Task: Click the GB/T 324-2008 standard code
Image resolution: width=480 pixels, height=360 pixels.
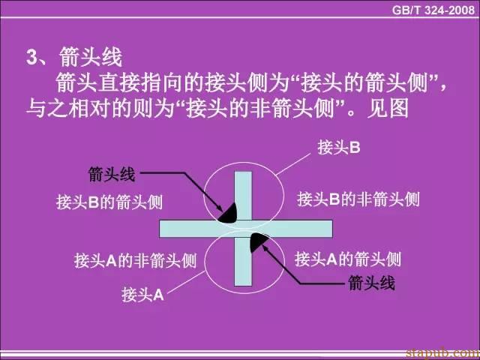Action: (433, 10)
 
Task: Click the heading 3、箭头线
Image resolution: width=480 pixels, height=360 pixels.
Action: (74, 57)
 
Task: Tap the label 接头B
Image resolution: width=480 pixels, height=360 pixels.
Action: (339, 148)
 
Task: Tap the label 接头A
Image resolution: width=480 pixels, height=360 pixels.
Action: (142, 295)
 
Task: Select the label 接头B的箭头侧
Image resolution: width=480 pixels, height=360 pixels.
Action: (109, 202)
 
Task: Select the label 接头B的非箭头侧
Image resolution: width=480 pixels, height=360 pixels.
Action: (358, 199)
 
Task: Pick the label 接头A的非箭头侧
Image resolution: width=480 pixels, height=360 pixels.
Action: (135, 261)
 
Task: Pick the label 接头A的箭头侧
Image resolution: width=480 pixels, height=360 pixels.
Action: (348, 259)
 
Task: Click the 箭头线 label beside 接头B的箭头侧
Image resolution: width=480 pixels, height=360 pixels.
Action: (112, 175)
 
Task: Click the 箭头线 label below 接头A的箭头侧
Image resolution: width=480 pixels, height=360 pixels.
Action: (371, 283)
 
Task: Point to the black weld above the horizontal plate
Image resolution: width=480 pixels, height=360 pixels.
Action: (228, 213)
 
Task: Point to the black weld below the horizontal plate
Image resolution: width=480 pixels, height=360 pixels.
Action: (259, 242)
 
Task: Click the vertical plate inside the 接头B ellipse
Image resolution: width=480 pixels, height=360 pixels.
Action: (243, 196)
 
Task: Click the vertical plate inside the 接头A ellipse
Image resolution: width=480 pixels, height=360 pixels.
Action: (243, 262)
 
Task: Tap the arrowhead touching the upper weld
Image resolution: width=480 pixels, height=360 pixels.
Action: (219, 208)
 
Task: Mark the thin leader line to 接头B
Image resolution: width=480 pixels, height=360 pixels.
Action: (293, 165)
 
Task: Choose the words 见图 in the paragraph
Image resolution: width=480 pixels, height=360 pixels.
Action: (388, 109)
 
